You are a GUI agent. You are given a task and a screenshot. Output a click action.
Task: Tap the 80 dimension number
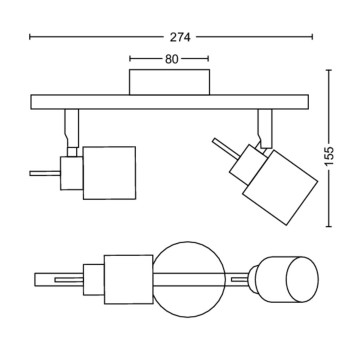pos(171,59)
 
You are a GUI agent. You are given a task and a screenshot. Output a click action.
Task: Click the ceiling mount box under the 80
pos(171,83)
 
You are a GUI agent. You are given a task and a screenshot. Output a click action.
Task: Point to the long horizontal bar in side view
pos(170,102)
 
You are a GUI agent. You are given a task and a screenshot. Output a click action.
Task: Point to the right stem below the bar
pos(265,124)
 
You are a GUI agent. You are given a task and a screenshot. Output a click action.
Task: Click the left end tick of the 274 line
pos(32,37)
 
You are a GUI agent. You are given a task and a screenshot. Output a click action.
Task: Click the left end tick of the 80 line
pos(131,59)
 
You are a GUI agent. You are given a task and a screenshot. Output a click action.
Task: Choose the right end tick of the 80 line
pos(210,59)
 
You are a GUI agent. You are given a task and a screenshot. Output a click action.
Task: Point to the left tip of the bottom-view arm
pos(33,278)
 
